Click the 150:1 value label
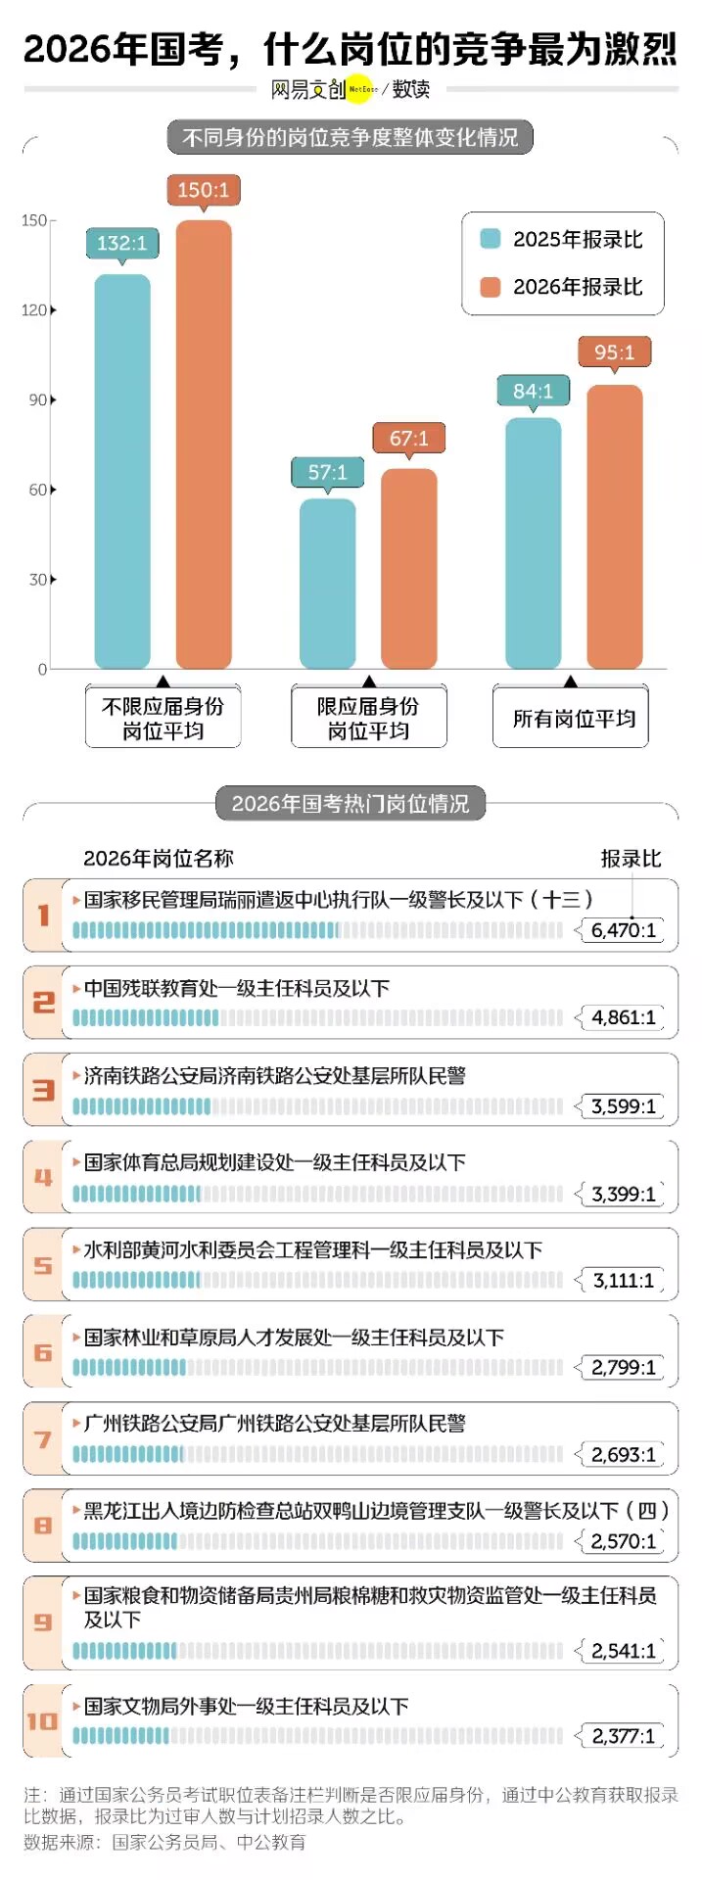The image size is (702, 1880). tap(204, 190)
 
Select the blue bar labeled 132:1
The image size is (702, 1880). tap(122, 470)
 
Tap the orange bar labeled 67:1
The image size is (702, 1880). tap(409, 568)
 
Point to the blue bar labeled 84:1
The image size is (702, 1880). tap(533, 543)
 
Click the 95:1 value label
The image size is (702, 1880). tap(614, 352)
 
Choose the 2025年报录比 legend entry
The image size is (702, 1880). tap(563, 240)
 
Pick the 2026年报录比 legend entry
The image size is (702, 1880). tap(563, 287)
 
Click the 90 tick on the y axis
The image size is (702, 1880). tap(38, 399)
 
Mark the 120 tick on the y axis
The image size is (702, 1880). tap(35, 310)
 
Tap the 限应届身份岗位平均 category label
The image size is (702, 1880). tap(368, 718)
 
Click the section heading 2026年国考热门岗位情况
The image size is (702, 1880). tap(351, 804)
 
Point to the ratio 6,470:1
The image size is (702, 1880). tap(623, 930)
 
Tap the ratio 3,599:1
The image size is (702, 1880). tap(623, 1106)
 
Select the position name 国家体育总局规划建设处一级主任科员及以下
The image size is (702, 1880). tap(274, 1163)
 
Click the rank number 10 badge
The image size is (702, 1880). tap(43, 1721)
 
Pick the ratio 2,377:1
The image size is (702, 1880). tap(623, 1736)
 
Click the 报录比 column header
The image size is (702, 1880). tap(631, 859)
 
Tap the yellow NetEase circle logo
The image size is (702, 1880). tap(362, 89)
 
